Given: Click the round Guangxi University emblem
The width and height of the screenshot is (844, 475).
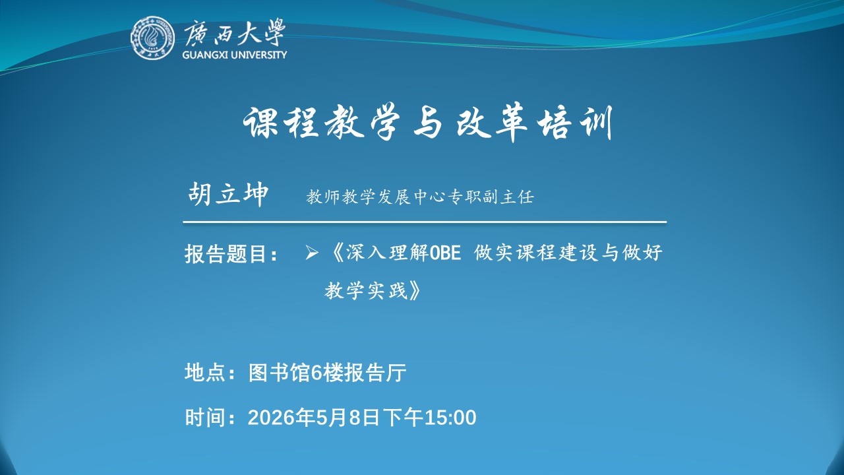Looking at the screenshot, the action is pyautogui.click(x=152, y=38).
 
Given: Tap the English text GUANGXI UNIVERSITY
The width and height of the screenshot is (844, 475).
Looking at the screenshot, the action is pyautogui.click(x=234, y=55).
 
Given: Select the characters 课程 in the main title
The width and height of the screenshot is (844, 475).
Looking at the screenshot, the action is pyautogui.click(x=282, y=123).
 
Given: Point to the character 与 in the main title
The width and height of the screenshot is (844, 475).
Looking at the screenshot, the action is pyautogui.click(x=429, y=123).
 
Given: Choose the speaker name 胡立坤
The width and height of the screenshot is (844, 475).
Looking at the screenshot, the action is pyautogui.click(x=228, y=194).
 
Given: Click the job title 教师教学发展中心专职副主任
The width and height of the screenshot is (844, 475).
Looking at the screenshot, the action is pyautogui.click(x=420, y=197).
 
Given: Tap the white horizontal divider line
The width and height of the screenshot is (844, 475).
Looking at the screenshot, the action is pyautogui.click(x=425, y=222).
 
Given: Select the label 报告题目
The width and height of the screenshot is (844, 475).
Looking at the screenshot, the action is pyautogui.click(x=226, y=253).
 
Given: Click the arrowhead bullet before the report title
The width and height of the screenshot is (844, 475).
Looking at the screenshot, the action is pyautogui.click(x=312, y=252).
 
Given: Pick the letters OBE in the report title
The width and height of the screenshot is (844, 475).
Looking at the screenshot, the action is pyautogui.click(x=445, y=253).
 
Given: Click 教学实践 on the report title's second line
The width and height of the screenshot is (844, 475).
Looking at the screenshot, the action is pyautogui.click(x=366, y=290).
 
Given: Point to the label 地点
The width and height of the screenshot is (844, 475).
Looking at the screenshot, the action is pyautogui.click(x=205, y=373).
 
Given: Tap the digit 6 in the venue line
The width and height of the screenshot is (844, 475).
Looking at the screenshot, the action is pyautogui.click(x=315, y=373).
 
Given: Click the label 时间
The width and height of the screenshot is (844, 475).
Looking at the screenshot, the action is pyautogui.click(x=205, y=418).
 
